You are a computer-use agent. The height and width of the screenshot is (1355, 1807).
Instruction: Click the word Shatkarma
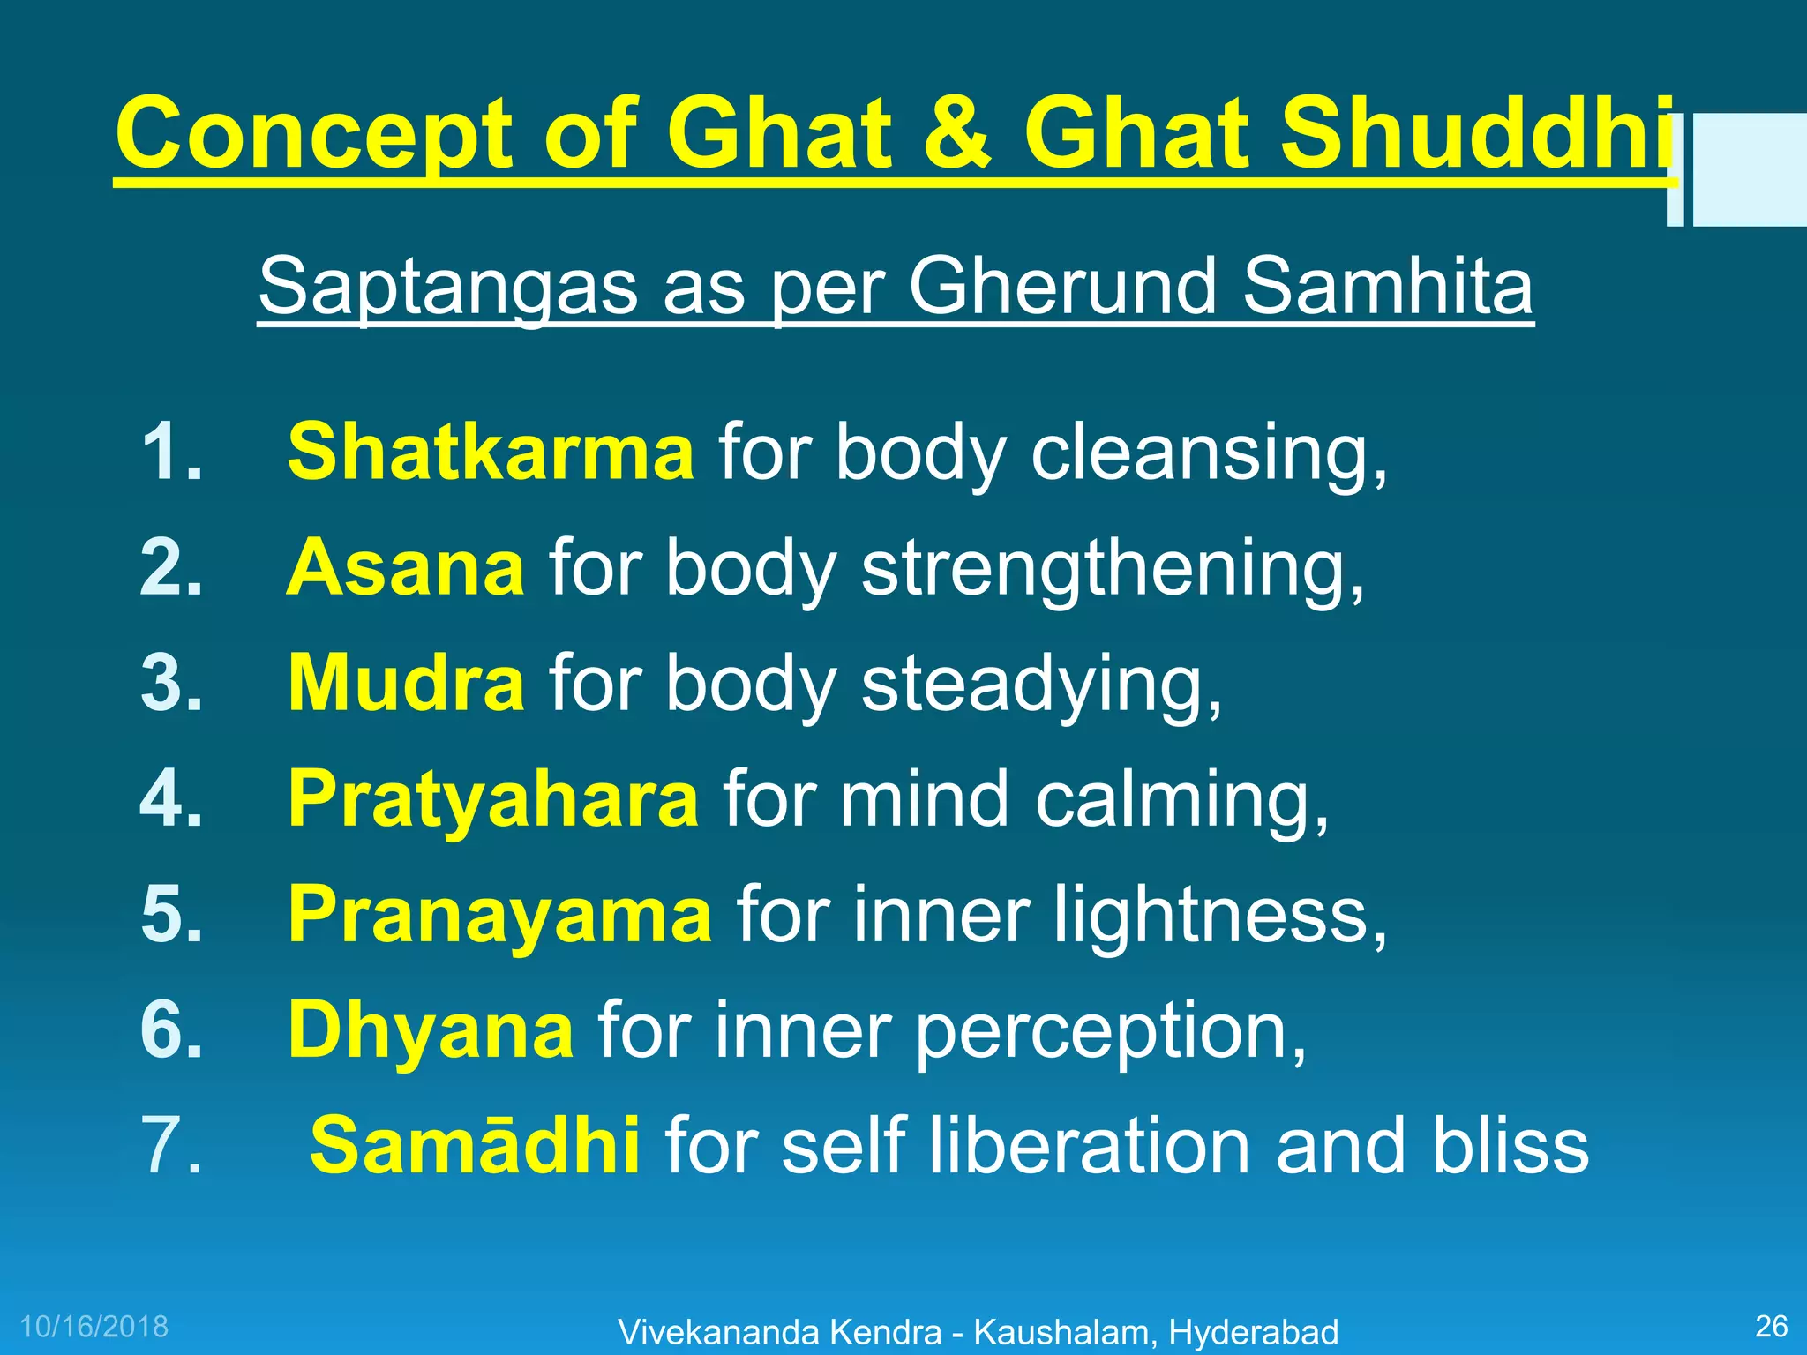point(491,452)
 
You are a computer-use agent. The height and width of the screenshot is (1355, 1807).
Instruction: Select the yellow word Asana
point(406,568)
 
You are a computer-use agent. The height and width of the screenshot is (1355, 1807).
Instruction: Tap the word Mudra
point(406,684)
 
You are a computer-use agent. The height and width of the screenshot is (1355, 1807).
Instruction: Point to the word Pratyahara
point(493,799)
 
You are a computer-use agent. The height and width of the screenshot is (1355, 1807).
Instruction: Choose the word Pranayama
point(499,915)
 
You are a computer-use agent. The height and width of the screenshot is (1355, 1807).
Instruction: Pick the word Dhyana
point(431,1030)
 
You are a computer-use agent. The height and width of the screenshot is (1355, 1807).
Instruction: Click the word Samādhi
point(475,1146)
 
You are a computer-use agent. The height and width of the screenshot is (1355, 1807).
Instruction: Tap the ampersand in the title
point(956,134)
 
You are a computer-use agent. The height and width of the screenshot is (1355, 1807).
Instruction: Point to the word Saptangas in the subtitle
point(447,288)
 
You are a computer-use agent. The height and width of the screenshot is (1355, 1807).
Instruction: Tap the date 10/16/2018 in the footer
point(94,1326)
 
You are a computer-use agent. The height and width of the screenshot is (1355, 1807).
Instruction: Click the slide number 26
point(1771,1326)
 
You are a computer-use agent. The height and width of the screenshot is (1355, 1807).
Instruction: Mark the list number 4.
point(171,799)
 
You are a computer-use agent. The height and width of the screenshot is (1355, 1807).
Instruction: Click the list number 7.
point(171,1146)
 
